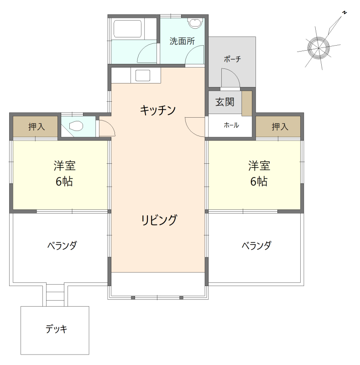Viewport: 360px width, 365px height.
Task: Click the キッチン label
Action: (x=158, y=110)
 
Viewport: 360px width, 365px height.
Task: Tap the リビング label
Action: (x=158, y=220)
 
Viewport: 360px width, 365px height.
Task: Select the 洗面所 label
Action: (x=182, y=41)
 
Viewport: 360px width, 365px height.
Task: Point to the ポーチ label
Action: (x=232, y=59)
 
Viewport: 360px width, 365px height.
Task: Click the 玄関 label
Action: (x=224, y=102)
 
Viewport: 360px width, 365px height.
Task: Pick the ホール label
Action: (x=231, y=125)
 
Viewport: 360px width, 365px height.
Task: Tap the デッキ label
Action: (x=57, y=329)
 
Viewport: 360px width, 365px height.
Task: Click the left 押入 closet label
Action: (x=37, y=127)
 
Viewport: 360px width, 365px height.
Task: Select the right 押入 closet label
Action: (x=280, y=127)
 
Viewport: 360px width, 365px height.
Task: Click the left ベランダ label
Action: (x=62, y=246)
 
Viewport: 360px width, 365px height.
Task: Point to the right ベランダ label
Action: (x=256, y=246)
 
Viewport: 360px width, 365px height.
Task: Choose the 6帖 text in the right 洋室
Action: (x=259, y=181)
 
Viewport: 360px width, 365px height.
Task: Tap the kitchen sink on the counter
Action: (x=143, y=75)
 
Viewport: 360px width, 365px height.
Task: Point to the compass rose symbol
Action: (x=318, y=47)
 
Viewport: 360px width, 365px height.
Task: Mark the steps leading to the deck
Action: (x=56, y=294)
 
